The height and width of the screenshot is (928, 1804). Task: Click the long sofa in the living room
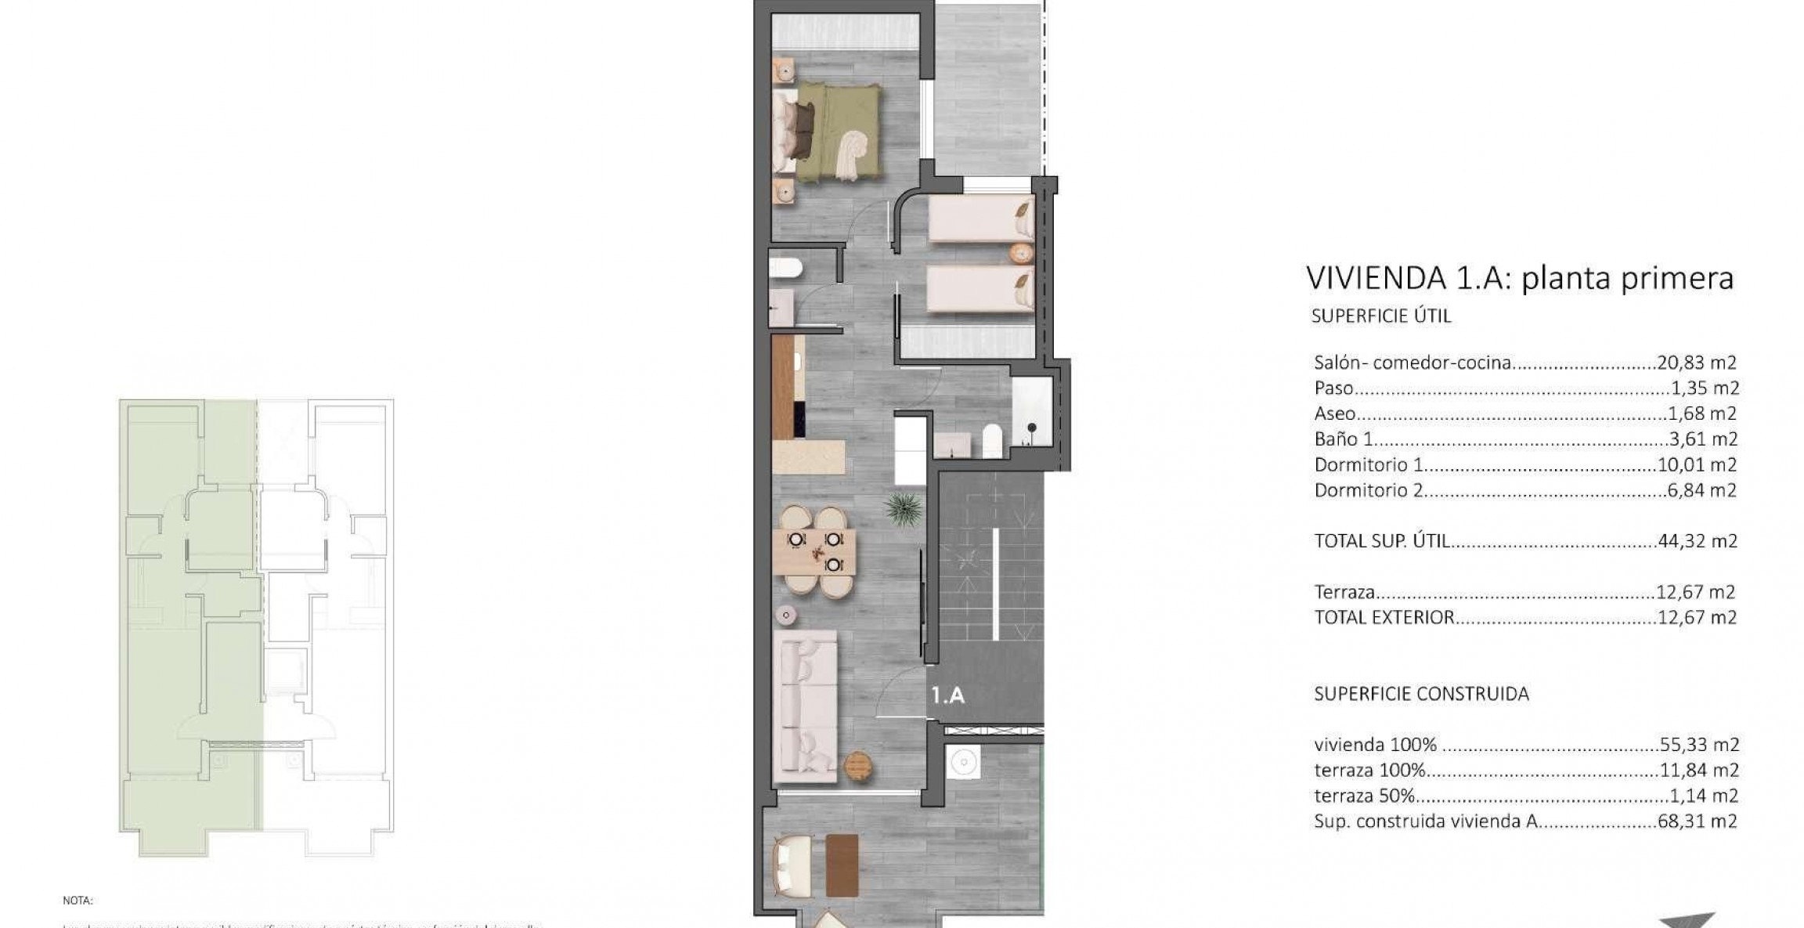click(805, 705)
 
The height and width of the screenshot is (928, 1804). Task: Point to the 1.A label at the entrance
click(947, 695)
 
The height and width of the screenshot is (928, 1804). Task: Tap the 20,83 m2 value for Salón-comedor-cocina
click(1697, 363)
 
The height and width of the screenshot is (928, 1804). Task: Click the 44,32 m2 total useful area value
click(1698, 541)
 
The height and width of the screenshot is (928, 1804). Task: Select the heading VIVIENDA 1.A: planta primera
click(1520, 278)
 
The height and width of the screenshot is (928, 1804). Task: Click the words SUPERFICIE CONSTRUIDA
click(1421, 694)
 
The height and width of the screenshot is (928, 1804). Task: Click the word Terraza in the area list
click(1345, 593)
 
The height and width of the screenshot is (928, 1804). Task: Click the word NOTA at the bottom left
click(78, 901)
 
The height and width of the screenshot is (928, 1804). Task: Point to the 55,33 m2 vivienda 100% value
click(1698, 745)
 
